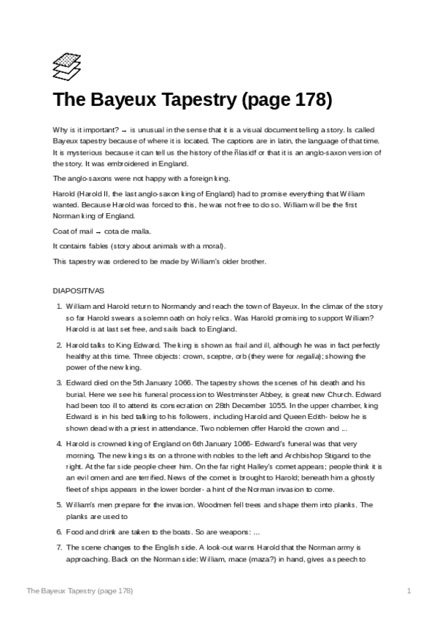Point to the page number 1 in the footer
[409, 590]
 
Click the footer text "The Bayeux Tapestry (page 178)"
[80, 590]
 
